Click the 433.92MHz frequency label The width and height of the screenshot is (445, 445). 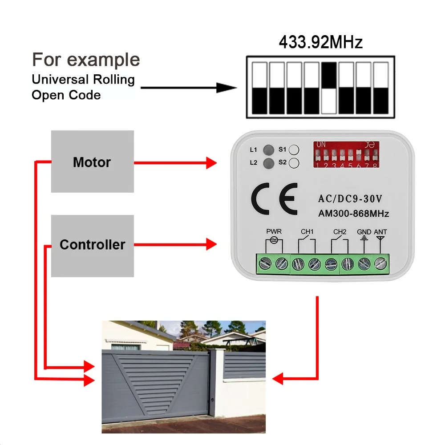[320, 43]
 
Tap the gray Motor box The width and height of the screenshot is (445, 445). [92, 162]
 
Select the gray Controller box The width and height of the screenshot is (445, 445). [92, 245]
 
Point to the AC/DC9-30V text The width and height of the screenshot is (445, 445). [350, 198]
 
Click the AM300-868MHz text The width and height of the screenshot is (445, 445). [353, 214]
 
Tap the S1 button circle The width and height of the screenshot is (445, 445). [294, 150]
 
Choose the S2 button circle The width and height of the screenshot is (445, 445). [294, 163]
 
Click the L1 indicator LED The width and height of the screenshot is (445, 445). [268, 150]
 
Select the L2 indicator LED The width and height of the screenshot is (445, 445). [268, 163]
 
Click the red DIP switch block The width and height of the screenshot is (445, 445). [346, 154]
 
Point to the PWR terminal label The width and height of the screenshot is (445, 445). [274, 232]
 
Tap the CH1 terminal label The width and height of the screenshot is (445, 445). [307, 232]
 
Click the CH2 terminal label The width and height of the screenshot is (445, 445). [340, 232]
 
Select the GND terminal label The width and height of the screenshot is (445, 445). [364, 232]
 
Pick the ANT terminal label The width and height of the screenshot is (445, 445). [380, 232]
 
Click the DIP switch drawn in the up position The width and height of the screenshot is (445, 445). [329, 87]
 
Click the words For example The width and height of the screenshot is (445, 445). [86, 60]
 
